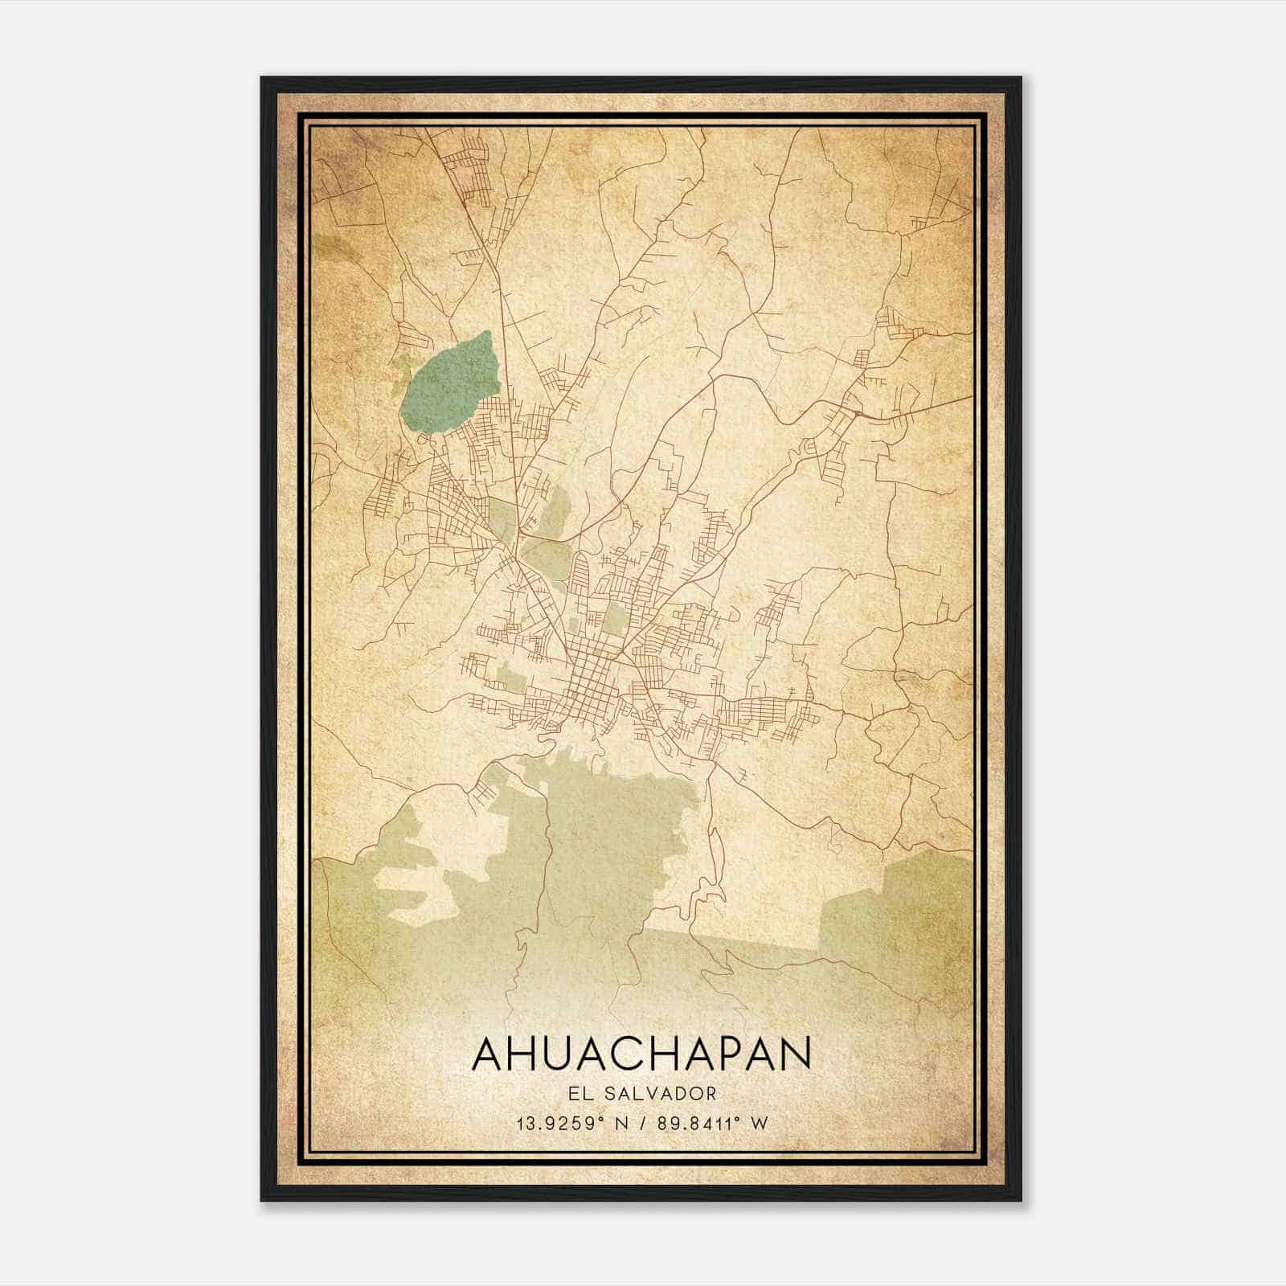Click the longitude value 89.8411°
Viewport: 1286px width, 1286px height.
(x=688, y=1123)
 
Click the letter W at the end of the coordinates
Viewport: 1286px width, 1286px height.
(x=760, y=1123)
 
